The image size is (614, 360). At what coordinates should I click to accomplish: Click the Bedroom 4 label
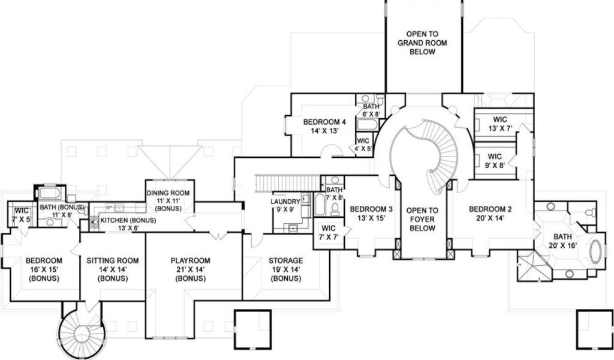click(x=324, y=127)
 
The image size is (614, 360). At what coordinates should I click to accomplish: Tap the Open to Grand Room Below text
click(x=422, y=43)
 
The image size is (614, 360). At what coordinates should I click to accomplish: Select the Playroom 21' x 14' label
click(x=190, y=269)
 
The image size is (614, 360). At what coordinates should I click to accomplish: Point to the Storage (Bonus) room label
click(x=285, y=269)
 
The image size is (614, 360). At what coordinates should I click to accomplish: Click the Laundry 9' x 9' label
click(x=285, y=206)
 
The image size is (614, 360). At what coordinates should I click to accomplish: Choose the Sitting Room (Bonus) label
click(x=112, y=269)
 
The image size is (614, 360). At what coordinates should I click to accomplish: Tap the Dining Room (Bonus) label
click(x=168, y=200)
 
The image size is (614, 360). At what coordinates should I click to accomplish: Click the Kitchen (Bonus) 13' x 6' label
click(x=128, y=224)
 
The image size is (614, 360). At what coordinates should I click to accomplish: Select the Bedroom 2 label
click(x=490, y=214)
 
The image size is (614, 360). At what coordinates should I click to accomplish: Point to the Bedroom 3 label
click(x=371, y=214)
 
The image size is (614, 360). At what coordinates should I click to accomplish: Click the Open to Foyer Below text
click(x=422, y=220)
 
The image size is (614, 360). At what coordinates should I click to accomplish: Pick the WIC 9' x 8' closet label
click(x=495, y=161)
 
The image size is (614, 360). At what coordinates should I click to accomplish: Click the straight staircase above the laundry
click(x=288, y=184)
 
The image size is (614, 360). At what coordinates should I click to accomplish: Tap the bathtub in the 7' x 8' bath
click(x=320, y=205)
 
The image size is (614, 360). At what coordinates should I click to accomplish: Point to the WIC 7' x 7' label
click(x=329, y=232)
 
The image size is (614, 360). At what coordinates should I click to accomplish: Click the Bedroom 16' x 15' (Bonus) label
click(x=44, y=269)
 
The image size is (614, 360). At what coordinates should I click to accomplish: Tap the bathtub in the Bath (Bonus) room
click(x=50, y=194)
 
